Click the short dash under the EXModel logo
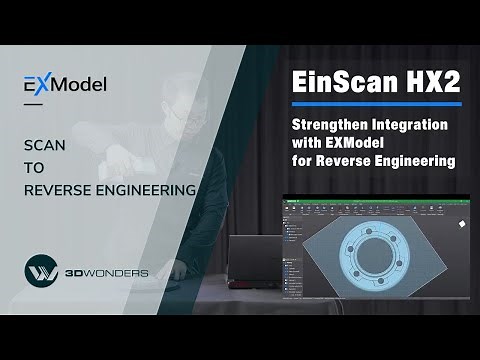click(x=33, y=104)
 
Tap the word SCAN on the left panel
click(x=44, y=145)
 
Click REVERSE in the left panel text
click(x=54, y=187)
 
